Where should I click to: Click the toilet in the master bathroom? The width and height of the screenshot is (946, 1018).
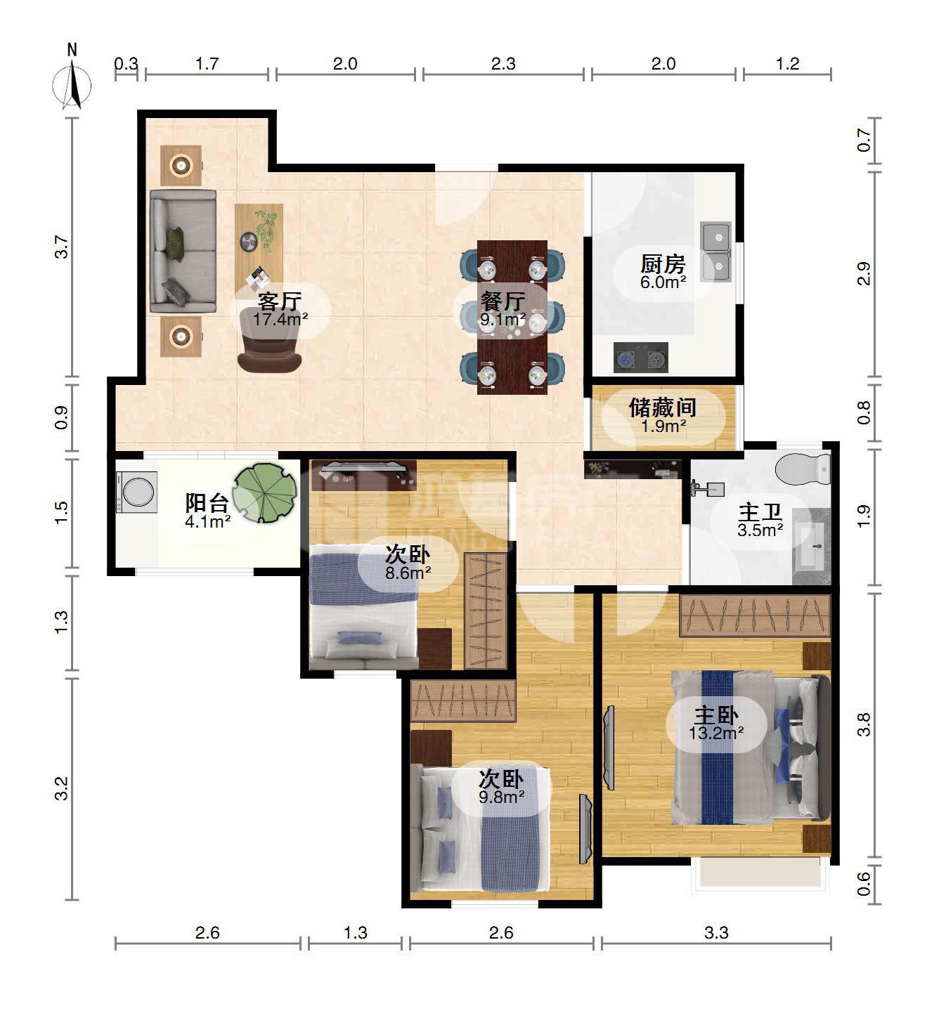pos(803,468)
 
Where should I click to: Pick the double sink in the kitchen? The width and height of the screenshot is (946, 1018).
pos(716,252)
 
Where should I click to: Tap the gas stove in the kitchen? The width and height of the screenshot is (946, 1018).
pos(641,358)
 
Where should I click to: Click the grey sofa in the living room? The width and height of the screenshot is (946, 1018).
pos(183,252)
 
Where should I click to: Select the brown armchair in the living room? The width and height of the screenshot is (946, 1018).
pos(269,339)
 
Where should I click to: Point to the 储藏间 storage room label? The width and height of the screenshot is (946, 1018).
pos(663,407)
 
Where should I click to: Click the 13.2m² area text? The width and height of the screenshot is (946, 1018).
pos(715,733)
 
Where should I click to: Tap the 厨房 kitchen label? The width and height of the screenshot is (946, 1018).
pos(663,264)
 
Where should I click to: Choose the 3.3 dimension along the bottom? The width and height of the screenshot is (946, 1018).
pos(716,932)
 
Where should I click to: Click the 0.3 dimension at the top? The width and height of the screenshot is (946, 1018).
pos(127,63)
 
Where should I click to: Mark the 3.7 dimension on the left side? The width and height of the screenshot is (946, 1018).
pos(62,247)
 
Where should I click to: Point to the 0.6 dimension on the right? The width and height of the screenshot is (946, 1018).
pos(864,884)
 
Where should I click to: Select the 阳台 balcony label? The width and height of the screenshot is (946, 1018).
pos(207,503)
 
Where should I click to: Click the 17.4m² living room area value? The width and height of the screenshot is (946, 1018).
pos(280,320)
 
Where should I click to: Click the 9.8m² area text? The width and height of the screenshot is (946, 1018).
pos(501,797)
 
